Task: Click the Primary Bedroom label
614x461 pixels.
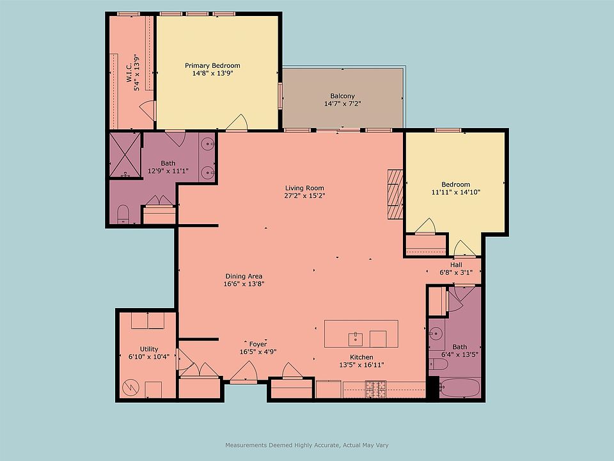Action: pos(212,65)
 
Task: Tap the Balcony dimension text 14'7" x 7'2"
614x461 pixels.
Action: pos(342,104)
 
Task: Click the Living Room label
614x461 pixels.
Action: pos(304,188)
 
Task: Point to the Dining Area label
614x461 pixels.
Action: pos(244,276)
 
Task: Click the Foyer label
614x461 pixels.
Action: pos(258,344)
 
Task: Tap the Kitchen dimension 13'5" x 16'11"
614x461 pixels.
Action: pos(361,365)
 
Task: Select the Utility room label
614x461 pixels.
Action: pos(149,349)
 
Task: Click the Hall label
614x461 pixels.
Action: pos(456,264)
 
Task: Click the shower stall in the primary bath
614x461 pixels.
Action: pos(125,155)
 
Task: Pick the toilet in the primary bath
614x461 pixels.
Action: pos(123,214)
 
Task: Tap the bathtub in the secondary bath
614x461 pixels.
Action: pos(460,387)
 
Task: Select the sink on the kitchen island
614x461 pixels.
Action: pos(356,339)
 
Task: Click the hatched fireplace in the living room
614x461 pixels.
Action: pos(395,194)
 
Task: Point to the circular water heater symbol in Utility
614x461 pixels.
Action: pos(130,388)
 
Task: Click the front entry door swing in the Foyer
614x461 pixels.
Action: pos(244,373)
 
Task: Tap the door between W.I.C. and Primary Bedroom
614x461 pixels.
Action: pos(148,111)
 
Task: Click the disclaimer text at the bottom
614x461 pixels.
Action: pos(307,445)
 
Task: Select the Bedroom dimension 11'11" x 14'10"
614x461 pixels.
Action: pos(456,192)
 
